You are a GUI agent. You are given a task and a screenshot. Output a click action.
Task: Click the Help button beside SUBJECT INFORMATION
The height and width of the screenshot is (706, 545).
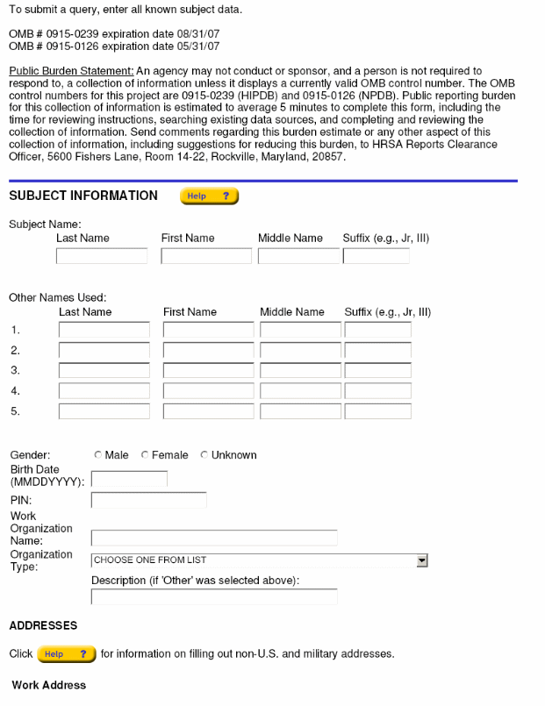pyautogui.click(x=209, y=196)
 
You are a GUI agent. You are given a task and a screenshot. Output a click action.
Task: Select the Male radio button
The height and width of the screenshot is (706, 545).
pyautogui.click(x=97, y=455)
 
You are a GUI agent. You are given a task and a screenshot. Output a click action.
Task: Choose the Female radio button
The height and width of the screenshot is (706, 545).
pyautogui.click(x=145, y=455)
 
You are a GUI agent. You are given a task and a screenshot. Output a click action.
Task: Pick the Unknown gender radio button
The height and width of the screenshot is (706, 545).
pyautogui.click(x=204, y=455)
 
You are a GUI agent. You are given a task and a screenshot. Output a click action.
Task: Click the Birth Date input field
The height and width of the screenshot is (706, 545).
pyautogui.click(x=129, y=480)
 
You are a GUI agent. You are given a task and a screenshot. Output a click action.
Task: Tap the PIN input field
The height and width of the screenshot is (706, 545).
pyautogui.click(x=148, y=501)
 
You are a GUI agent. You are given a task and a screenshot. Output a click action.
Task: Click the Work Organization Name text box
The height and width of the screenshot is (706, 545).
pyautogui.click(x=214, y=538)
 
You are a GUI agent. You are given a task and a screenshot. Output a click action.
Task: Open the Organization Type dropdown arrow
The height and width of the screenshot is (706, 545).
pyautogui.click(x=421, y=560)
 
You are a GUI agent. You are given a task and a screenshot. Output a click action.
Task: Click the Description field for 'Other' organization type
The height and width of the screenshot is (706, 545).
pyautogui.click(x=214, y=596)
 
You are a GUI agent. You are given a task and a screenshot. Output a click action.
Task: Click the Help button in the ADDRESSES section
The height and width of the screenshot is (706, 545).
pyautogui.click(x=67, y=654)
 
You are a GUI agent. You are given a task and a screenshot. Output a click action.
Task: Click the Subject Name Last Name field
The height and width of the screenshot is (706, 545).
pyautogui.click(x=102, y=257)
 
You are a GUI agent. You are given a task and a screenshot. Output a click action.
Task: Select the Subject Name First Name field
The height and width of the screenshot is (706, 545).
pyautogui.click(x=206, y=257)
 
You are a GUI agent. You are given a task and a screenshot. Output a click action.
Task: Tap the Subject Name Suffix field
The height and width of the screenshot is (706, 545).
pyautogui.click(x=376, y=257)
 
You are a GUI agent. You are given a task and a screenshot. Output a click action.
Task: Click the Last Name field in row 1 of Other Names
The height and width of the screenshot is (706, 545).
pyautogui.click(x=104, y=331)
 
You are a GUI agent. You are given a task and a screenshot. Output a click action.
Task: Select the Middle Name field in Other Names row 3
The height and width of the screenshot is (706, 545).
pyautogui.click(x=300, y=371)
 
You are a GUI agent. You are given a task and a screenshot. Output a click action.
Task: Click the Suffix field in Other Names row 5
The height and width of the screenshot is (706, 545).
pyautogui.click(x=377, y=411)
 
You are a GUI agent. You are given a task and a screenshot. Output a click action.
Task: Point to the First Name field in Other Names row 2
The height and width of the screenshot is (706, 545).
pyautogui.click(x=208, y=351)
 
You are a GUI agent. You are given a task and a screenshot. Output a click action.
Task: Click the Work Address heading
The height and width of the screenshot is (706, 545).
pyautogui.click(x=49, y=685)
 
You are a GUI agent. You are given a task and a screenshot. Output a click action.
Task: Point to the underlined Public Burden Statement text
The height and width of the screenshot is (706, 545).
pyautogui.click(x=71, y=71)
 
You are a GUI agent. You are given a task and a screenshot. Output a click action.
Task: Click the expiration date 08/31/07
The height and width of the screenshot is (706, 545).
pyautogui.click(x=193, y=33)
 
